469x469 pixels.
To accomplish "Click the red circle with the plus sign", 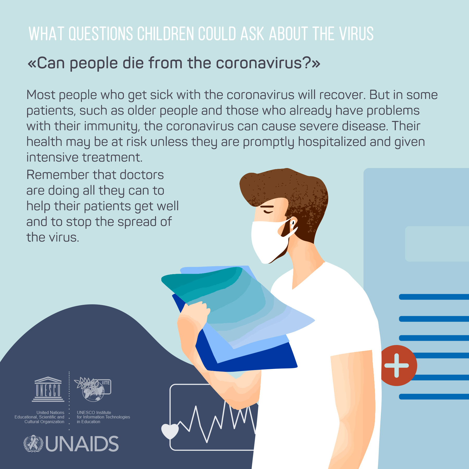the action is (x=397, y=365).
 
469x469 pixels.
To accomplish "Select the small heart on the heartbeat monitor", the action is (x=170, y=431).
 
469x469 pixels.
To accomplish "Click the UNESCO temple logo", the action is (x=48, y=389).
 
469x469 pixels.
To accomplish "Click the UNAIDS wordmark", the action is (x=82, y=444).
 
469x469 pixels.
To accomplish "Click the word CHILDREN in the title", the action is (x=166, y=34).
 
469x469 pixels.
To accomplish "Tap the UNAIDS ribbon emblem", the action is (x=33, y=444).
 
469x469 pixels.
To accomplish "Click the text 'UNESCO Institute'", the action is (x=94, y=412).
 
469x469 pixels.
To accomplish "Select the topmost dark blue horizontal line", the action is (x=434, y=297).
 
